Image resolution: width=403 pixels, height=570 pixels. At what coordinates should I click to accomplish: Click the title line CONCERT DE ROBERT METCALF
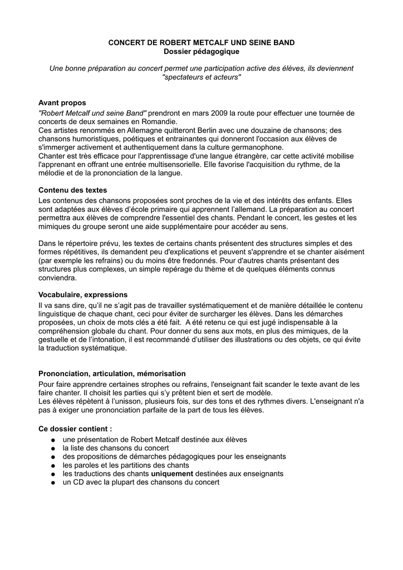[x=201, y=42]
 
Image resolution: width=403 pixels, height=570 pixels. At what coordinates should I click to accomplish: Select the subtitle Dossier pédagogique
[x=201, y=52]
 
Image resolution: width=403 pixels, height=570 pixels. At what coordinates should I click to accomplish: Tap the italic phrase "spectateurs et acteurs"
[x=201, y=77]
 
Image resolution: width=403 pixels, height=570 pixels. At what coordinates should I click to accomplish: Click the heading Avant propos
[x=62, y=103]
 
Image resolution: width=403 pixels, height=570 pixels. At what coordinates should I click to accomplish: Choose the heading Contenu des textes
[x=72, y=190]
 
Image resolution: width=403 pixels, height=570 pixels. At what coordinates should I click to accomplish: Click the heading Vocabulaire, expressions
[x=83, y=294]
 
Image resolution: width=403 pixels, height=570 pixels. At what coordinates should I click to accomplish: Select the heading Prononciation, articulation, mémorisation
[x=112, y=374]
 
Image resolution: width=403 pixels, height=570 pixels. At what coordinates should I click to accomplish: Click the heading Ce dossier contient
[x=75, y=429]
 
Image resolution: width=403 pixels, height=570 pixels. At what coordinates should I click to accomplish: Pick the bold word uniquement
[x=172, y=474]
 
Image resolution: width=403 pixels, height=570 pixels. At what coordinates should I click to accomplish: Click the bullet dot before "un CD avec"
[x=52, y=483]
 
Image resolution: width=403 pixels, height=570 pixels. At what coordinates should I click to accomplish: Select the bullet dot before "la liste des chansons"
[x=52, y=448]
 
